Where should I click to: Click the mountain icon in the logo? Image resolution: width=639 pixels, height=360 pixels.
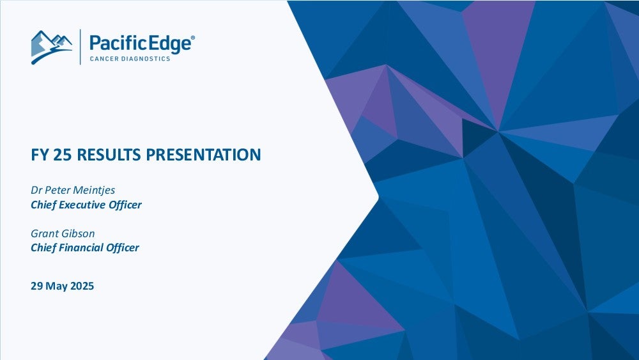point(52,47)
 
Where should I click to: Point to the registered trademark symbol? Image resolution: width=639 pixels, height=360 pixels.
point(193,38)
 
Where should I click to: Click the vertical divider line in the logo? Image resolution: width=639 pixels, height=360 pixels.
point(81,47)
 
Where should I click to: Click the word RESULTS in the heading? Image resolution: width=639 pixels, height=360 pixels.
point(109,155)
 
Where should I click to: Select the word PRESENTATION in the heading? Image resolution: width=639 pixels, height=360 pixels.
point(203,155)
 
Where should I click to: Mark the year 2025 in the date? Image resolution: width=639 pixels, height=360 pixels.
point(82,286)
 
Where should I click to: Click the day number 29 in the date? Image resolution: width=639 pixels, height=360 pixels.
point(36,286)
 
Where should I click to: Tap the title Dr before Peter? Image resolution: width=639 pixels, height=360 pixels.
point(36,191)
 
